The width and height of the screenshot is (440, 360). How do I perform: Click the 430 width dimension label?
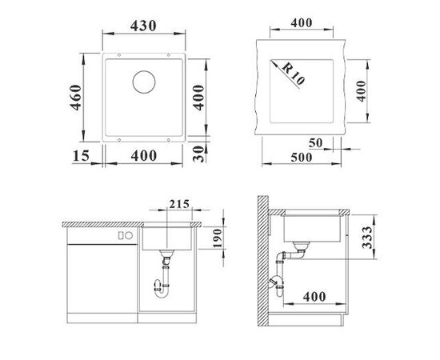coord(143,26)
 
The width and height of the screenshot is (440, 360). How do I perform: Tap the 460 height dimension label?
coord(76,98)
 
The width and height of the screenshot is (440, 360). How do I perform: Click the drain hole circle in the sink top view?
coord(144,82)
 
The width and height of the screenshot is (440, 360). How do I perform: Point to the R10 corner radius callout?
coord(293,74)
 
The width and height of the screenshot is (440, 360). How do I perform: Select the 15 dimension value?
coord(81,156)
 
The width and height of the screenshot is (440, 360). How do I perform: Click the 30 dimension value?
coord(198,154)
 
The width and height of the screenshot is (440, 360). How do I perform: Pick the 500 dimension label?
coord(302,158)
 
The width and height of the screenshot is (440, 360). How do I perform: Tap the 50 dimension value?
coord(316,143)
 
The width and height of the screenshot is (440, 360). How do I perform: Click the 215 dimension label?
coord(179,204)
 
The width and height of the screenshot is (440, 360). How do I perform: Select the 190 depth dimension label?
coord(218,238)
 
